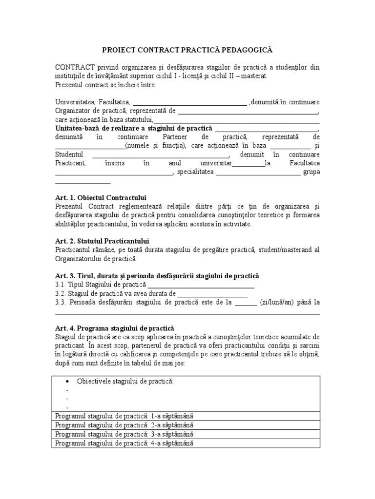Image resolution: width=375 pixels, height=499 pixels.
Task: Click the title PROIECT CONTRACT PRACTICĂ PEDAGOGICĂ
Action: (187, 50)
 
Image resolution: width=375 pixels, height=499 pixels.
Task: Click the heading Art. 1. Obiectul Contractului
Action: (101, 198)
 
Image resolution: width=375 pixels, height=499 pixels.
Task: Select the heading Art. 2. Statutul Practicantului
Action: (102, 241)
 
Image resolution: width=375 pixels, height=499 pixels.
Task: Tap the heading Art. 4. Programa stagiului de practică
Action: (115, 328)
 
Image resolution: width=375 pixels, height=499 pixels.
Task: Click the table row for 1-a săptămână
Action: (186, 416)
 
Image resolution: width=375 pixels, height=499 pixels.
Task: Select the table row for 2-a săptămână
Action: (186, 425)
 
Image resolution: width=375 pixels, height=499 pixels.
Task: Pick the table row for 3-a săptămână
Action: (186, 434)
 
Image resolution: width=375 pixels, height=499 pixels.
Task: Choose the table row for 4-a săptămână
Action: (186, 443)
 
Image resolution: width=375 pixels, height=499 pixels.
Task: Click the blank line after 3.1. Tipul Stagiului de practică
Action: (201, 286)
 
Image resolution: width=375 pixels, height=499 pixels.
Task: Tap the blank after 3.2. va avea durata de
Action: (212, 294)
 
